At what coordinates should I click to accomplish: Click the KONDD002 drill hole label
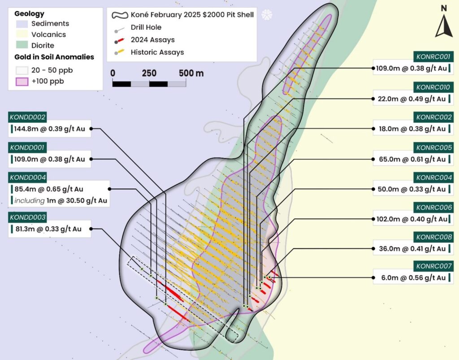click(x=27, y=117)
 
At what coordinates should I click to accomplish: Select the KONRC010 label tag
click(x=433, y=87)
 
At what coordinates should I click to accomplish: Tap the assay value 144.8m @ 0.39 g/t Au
click(x=49, y=129)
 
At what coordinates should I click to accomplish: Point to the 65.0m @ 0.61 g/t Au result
click(x=412, y=159)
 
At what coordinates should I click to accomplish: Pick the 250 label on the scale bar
click(x=149, y=73)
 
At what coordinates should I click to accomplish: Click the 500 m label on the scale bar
click(x=191, y=73)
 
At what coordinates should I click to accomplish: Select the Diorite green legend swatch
click(x=22, y=45)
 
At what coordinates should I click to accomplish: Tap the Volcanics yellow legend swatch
click(x=22, y=34)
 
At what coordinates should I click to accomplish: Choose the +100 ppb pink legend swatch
click(x=22, y=81)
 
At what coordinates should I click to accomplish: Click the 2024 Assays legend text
click(x=152, y=40)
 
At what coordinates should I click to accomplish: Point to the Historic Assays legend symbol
click(x=119, y=52)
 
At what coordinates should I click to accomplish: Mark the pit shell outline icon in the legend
click(x=120, y=15)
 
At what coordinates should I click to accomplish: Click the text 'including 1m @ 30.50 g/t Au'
click(x=61, y=201)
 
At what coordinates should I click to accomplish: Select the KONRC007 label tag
click(x=433, y=266)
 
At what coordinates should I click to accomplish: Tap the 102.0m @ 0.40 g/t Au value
click(x=412, y=219)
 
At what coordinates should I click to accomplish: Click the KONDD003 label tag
click(x=27, y=217)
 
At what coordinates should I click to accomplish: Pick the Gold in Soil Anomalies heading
click(x=54, y=57)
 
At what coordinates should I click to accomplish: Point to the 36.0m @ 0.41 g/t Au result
click(x=412, y=249)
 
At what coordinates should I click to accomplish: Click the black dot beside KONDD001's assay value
click(x=91, y=159)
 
